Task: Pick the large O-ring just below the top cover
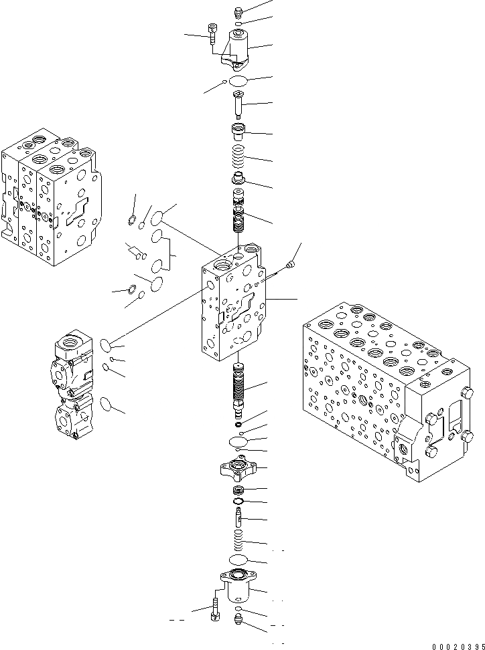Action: click(238, 81)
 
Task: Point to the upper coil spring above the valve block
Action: click(239, 158)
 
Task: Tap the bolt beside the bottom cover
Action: click(214, 607)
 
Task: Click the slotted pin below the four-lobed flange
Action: click(238, 517)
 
